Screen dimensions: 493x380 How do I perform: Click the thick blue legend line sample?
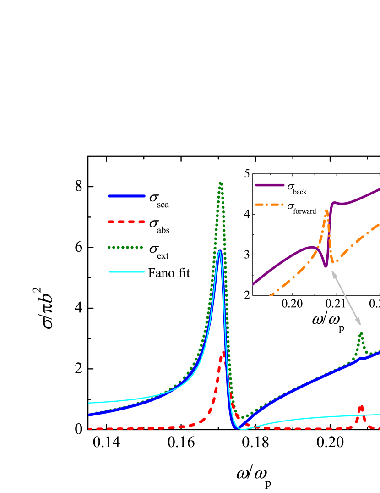click(126, 196)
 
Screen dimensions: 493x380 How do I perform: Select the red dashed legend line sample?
click(126, 222)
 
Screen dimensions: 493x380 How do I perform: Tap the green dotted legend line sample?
click(125, 248)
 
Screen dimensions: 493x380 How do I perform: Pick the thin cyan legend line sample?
click(126, 272)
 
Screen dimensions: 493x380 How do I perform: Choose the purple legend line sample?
click(270, 185)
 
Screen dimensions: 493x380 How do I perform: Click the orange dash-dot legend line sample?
click(270, 205)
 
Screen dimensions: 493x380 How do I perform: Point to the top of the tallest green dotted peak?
click(220, 183)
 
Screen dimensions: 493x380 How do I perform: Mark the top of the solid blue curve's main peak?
click(220, 251)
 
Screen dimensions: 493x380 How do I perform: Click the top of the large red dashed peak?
click(223, 352)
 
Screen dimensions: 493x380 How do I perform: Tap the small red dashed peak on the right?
click(361, 406)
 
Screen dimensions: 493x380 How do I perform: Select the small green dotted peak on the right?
click(361, 333)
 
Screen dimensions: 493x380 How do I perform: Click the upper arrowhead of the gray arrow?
click(333, 272)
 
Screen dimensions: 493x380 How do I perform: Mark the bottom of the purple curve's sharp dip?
click(326, 266)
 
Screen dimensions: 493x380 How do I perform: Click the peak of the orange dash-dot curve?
click(327, 211)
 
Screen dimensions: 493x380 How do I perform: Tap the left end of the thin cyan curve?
click(89, 403)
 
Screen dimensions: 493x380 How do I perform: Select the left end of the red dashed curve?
click(89, 429)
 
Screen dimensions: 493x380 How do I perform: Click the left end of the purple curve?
click(253, 284)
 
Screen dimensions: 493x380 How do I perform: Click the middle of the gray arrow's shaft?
click(346, 298)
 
